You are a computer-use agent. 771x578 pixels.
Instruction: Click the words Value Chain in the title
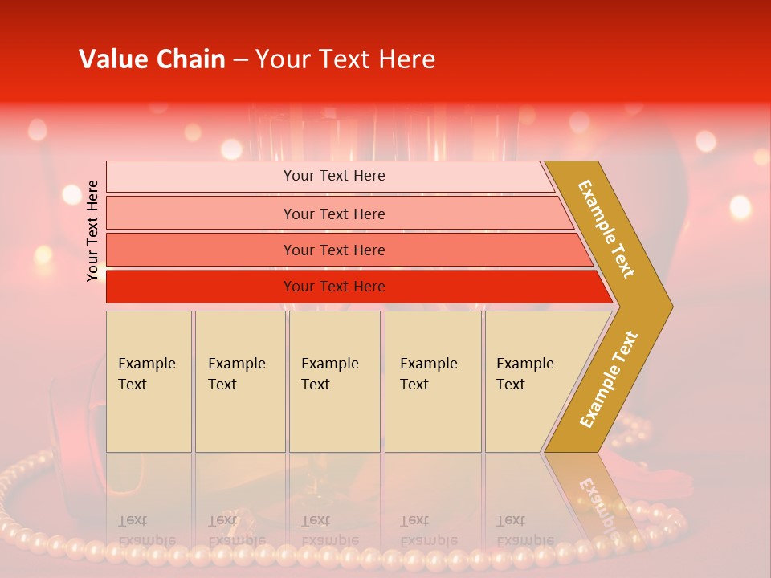tap(152, 59)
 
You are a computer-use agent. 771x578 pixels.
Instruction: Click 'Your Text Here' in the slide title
tap(345, 59)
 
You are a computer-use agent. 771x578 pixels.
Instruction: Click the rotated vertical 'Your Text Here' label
tap(93, 230)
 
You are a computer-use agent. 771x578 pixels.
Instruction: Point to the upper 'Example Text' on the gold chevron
tap(606, 229)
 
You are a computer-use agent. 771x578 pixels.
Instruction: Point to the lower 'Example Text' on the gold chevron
tap(609, 380)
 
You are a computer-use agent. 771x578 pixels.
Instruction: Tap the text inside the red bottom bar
tap(334, 287)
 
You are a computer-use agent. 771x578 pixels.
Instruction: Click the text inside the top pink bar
tap(334, 176)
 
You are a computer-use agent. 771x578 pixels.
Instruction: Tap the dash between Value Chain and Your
tap(240, 59)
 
